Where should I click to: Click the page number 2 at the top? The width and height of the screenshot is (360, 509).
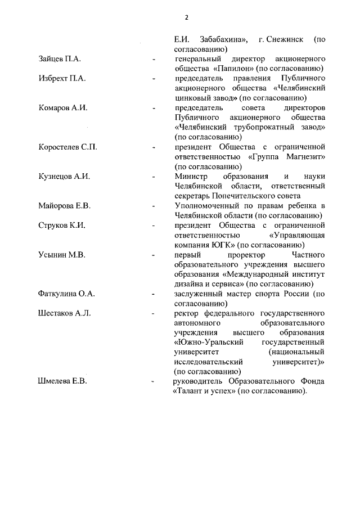186,17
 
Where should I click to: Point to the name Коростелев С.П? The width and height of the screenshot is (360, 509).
67,147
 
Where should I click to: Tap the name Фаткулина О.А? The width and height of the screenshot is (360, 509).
66,293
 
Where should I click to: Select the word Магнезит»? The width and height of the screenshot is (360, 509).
301,156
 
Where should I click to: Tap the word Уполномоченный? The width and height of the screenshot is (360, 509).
208,205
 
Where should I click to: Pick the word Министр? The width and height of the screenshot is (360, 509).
191,176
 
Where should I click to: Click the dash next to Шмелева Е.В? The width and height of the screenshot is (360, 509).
154,381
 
